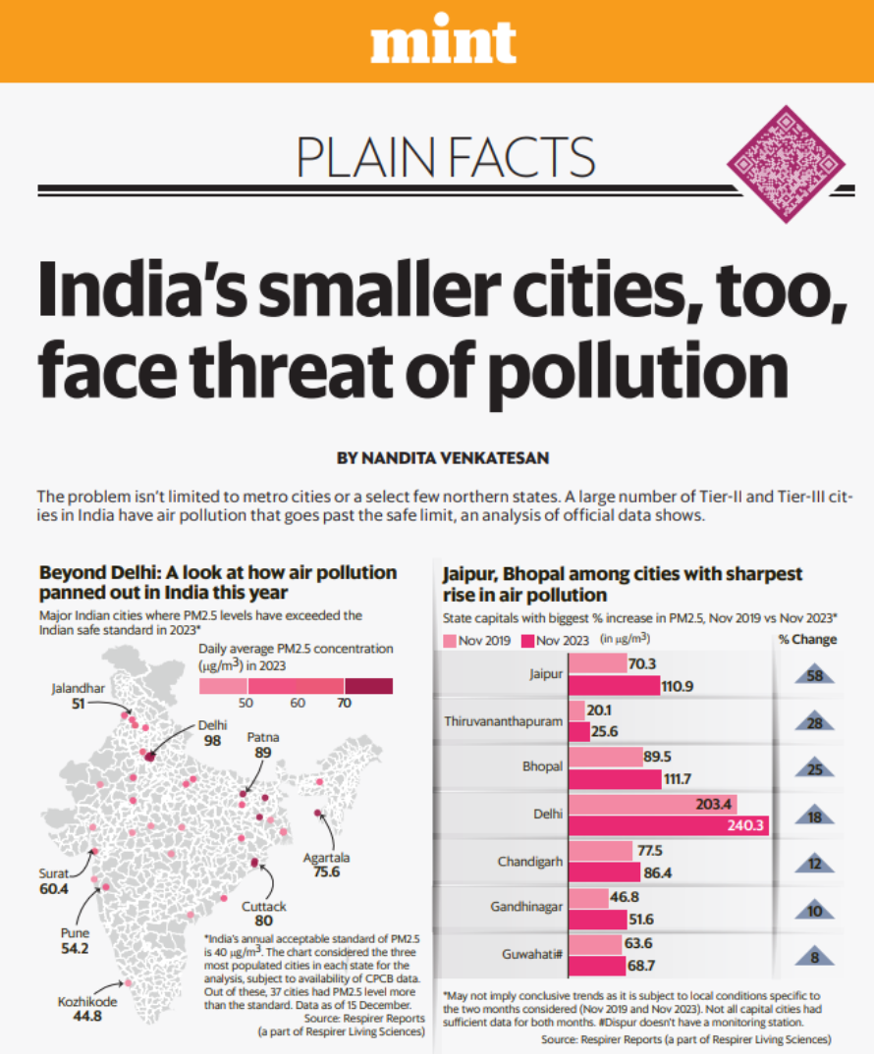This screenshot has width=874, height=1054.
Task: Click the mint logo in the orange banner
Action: pyautogui.click(x=443, y=41)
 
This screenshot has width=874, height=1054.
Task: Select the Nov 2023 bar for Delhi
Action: pyautogui.click(x=668, y=825)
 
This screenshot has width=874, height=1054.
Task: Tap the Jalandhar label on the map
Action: pyautogui.click(x=78, y=688)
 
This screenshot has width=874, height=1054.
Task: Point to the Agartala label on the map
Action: pyautogui.click(x=325, y=857)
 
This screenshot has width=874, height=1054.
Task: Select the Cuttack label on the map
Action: pyautogui.click(x=264, y=907)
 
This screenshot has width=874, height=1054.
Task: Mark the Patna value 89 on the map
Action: pyautogui.click(x=261, y=752)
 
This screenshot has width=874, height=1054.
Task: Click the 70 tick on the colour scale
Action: pyautogui.click(x=344, y=703)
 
